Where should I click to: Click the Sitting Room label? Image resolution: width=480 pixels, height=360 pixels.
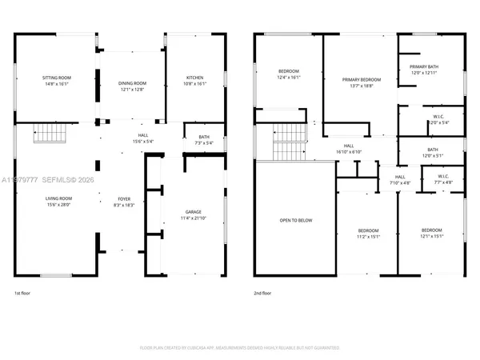57,77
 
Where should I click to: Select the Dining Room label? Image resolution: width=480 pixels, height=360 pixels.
134,82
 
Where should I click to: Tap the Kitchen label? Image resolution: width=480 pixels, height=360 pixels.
195,77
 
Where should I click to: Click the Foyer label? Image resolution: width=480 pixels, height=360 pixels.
124,200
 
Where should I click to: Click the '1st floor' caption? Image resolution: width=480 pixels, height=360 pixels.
24,294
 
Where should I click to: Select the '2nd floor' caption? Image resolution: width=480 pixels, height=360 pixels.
262,294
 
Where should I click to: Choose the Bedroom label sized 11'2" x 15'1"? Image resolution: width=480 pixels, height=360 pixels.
366,230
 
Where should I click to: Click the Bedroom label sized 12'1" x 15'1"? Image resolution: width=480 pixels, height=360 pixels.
432,230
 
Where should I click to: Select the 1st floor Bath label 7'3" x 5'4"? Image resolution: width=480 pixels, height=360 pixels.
203,137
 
